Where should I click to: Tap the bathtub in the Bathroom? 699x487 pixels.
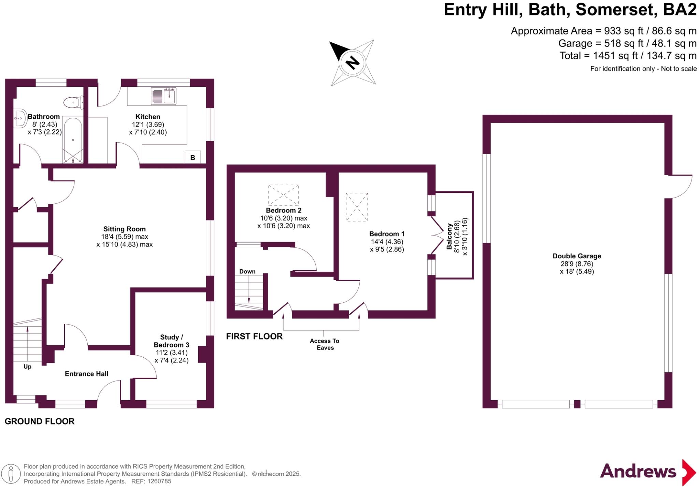73,140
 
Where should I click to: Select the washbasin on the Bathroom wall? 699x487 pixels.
20,118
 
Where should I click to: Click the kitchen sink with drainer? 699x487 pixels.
163,96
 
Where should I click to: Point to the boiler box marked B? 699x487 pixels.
192,157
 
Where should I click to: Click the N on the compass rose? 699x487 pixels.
353,63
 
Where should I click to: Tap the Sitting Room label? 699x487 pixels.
124,229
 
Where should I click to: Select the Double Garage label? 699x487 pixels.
576,256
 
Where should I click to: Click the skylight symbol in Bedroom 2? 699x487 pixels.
283,195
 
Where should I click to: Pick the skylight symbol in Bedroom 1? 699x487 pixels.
357,207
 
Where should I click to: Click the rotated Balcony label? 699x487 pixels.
449,236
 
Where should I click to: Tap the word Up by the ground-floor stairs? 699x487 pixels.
27,367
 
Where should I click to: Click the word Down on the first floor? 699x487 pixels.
247,272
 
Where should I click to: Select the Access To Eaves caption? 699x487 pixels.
325,344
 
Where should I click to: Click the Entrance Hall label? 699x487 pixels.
86,374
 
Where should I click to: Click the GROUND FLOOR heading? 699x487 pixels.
40,421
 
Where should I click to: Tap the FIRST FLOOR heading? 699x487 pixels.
254,336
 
